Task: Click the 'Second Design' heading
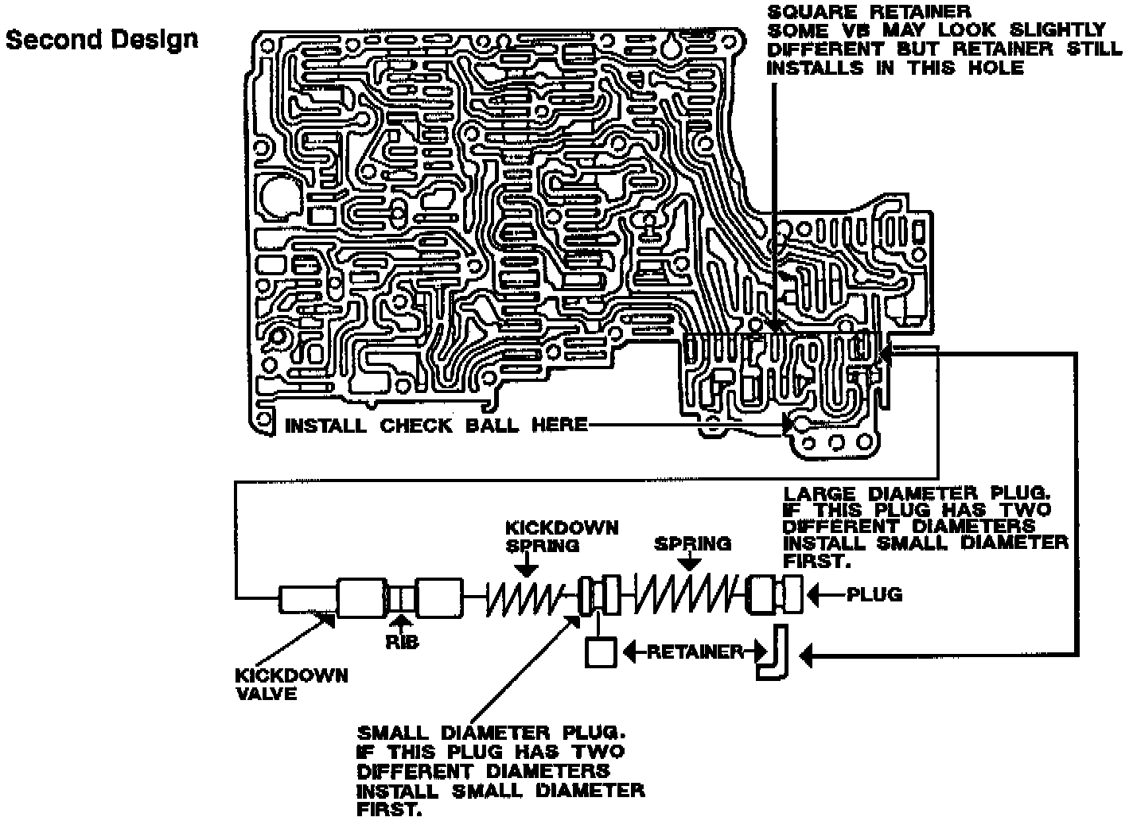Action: coord(102,39)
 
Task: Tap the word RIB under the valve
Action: coord(402,641)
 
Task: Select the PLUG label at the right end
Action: coord(874,594)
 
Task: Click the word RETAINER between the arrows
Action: coord(695,653)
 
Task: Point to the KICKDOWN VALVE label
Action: coord(291,684)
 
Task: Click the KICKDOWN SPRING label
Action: coord(562,537)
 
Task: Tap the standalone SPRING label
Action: coord(692,544)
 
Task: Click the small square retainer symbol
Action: coord(601,653)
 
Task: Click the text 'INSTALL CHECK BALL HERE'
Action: coord(436,426)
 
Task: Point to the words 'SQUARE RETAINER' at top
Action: coord(869,12)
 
